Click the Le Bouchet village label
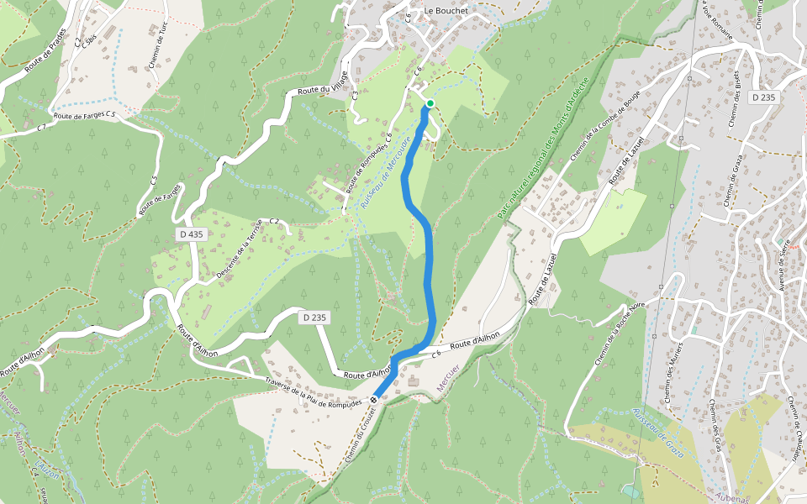tap(446, 10)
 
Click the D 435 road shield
tap(192, 234)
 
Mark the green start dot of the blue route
tap(430, 103)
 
